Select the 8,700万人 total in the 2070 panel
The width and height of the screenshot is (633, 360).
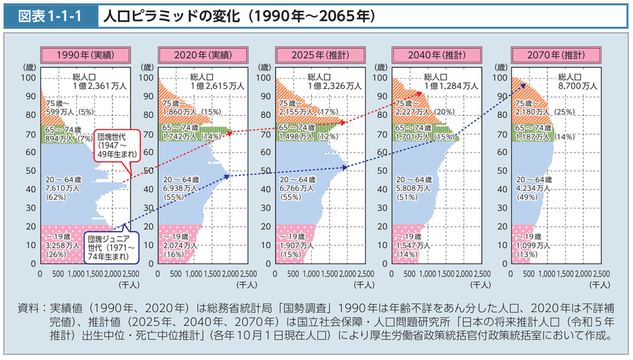pos(580,85)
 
